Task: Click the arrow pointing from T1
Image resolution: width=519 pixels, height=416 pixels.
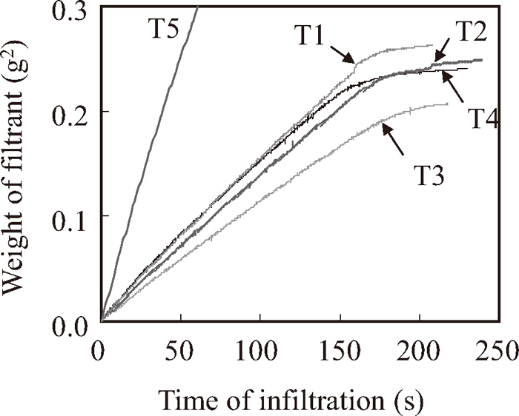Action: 340,59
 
